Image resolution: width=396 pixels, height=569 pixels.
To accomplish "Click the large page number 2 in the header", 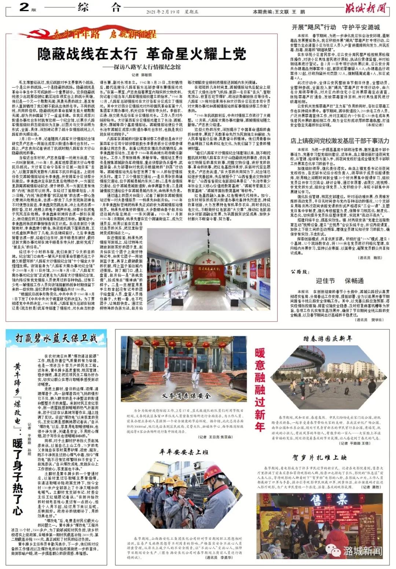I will [x=24, y=7].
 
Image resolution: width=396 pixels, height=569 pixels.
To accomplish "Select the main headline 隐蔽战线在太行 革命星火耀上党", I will [x=142, y=54].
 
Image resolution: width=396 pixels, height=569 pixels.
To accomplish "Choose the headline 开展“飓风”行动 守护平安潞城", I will [x=335, y=27].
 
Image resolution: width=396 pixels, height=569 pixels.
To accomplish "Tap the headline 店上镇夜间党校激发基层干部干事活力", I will [x=340, y=141].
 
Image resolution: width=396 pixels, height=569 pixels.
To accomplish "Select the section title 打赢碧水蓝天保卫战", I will [x=56, y=338].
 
